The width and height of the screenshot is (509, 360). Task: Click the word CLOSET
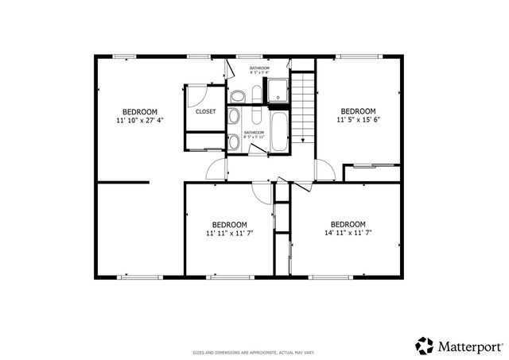[x=206, y=112]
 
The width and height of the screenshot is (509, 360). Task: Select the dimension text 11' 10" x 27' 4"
[x=139, y=121]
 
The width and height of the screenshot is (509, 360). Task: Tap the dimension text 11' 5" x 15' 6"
[x=358, y=120]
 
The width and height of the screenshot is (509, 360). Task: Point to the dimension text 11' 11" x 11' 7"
[x=230, y=234]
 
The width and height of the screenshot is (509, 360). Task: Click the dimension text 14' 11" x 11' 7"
[x=348, y=233]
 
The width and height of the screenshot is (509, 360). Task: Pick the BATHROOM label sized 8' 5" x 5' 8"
[x=259, y=71]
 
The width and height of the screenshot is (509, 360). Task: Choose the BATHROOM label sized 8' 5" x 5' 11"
[x=254, y=134]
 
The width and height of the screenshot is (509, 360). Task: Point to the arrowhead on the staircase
[x=301, y=140]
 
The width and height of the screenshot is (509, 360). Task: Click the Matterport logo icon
[x=425, y=346]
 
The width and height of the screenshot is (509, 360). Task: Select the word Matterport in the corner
[x=470, y=346]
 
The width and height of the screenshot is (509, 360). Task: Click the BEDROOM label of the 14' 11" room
[x=348, y=223]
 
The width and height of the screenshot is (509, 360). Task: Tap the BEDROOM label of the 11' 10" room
[x=139, y=111]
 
